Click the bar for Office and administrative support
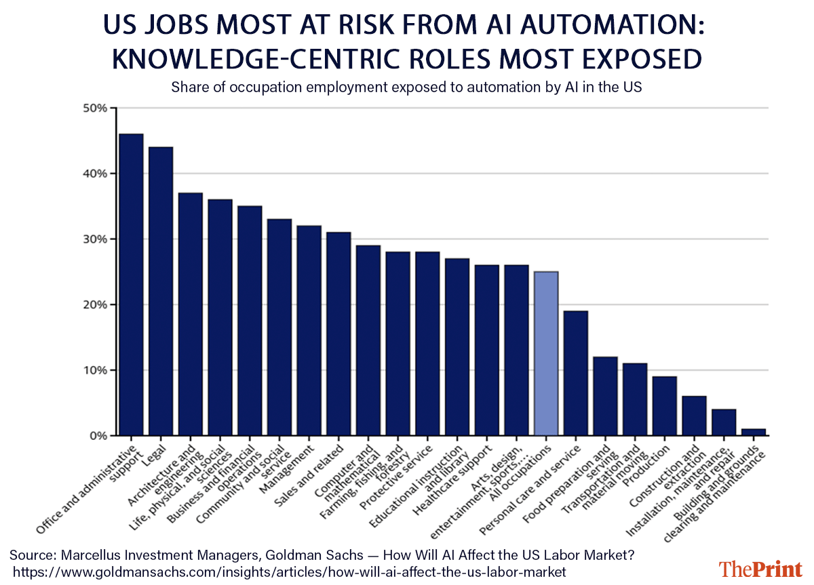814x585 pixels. click(x=131, y=285)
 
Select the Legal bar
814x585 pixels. click(x=161, y=291)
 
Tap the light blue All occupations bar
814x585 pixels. click(x=546, y=353)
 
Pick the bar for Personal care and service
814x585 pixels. click(x=576, y=373)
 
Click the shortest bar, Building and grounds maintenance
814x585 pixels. click(x=754, y=432)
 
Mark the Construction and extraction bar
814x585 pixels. click(x=695, y=416)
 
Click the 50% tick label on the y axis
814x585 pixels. click(x=96, y=108)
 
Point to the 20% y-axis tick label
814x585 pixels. click(x=96, y=305)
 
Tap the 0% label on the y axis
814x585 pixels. click(x=98, y=436)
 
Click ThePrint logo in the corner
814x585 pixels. click(x=759, y=567)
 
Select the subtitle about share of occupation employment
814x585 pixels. click(x=406, y=87)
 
